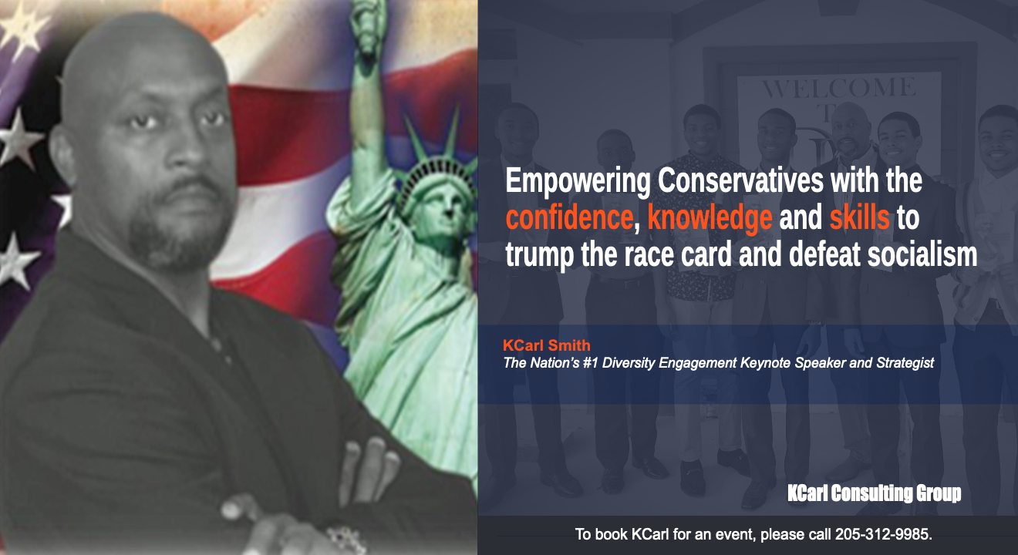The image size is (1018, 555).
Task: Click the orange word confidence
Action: click(569, 217)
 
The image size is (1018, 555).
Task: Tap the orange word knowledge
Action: click(710, 217)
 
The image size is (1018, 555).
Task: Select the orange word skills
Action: click(859, 217)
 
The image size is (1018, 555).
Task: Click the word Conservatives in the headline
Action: click(740, 180)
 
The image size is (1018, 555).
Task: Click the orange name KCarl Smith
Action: click(546, 345)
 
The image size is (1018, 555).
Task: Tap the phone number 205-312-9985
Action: click(883, 534)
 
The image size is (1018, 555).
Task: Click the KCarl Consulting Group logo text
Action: click(874, 493)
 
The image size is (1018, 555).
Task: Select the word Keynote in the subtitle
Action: click(765, 363)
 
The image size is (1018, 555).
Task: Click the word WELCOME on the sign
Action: click(839, 88)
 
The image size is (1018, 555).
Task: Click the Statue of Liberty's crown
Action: click(437, 154)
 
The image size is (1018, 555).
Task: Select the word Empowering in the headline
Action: click(578, 181)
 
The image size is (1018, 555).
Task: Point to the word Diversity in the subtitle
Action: click(630, 363)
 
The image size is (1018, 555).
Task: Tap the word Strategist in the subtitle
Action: click(905, 363)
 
